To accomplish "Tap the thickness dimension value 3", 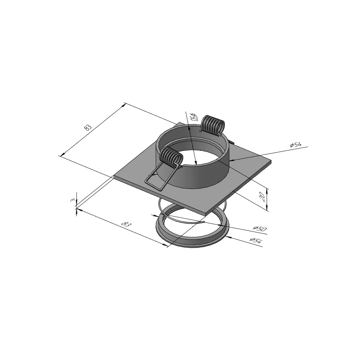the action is tap(73, 201).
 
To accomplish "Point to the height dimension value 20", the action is tap(263, 197).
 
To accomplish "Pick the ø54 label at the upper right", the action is tap(296, 145).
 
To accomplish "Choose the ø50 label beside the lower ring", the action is tap(260, 228).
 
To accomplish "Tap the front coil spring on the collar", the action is tap(171, 156).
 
